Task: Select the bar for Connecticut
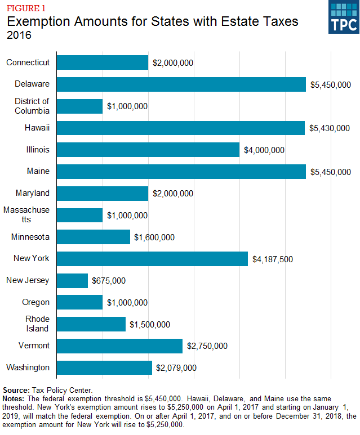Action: click(103, 62)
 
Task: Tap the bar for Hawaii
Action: click(180, 128)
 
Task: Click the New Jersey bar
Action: click(73, 280)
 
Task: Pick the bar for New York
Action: click(152, 259)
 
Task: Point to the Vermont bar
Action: click(119, 346)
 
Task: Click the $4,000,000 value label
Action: click(264, 150)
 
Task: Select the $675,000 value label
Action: click(109, 281)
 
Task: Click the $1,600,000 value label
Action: click(154, 237)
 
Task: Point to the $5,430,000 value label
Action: click(330, 128)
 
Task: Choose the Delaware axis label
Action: click(33, 84)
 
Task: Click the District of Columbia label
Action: click(32, 106)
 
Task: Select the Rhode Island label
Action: click(36, 324)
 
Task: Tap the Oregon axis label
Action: click(35, 302)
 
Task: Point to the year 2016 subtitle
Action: click(19, 35)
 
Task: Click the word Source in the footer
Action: click(15, 389)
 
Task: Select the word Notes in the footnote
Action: click(14, 398)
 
